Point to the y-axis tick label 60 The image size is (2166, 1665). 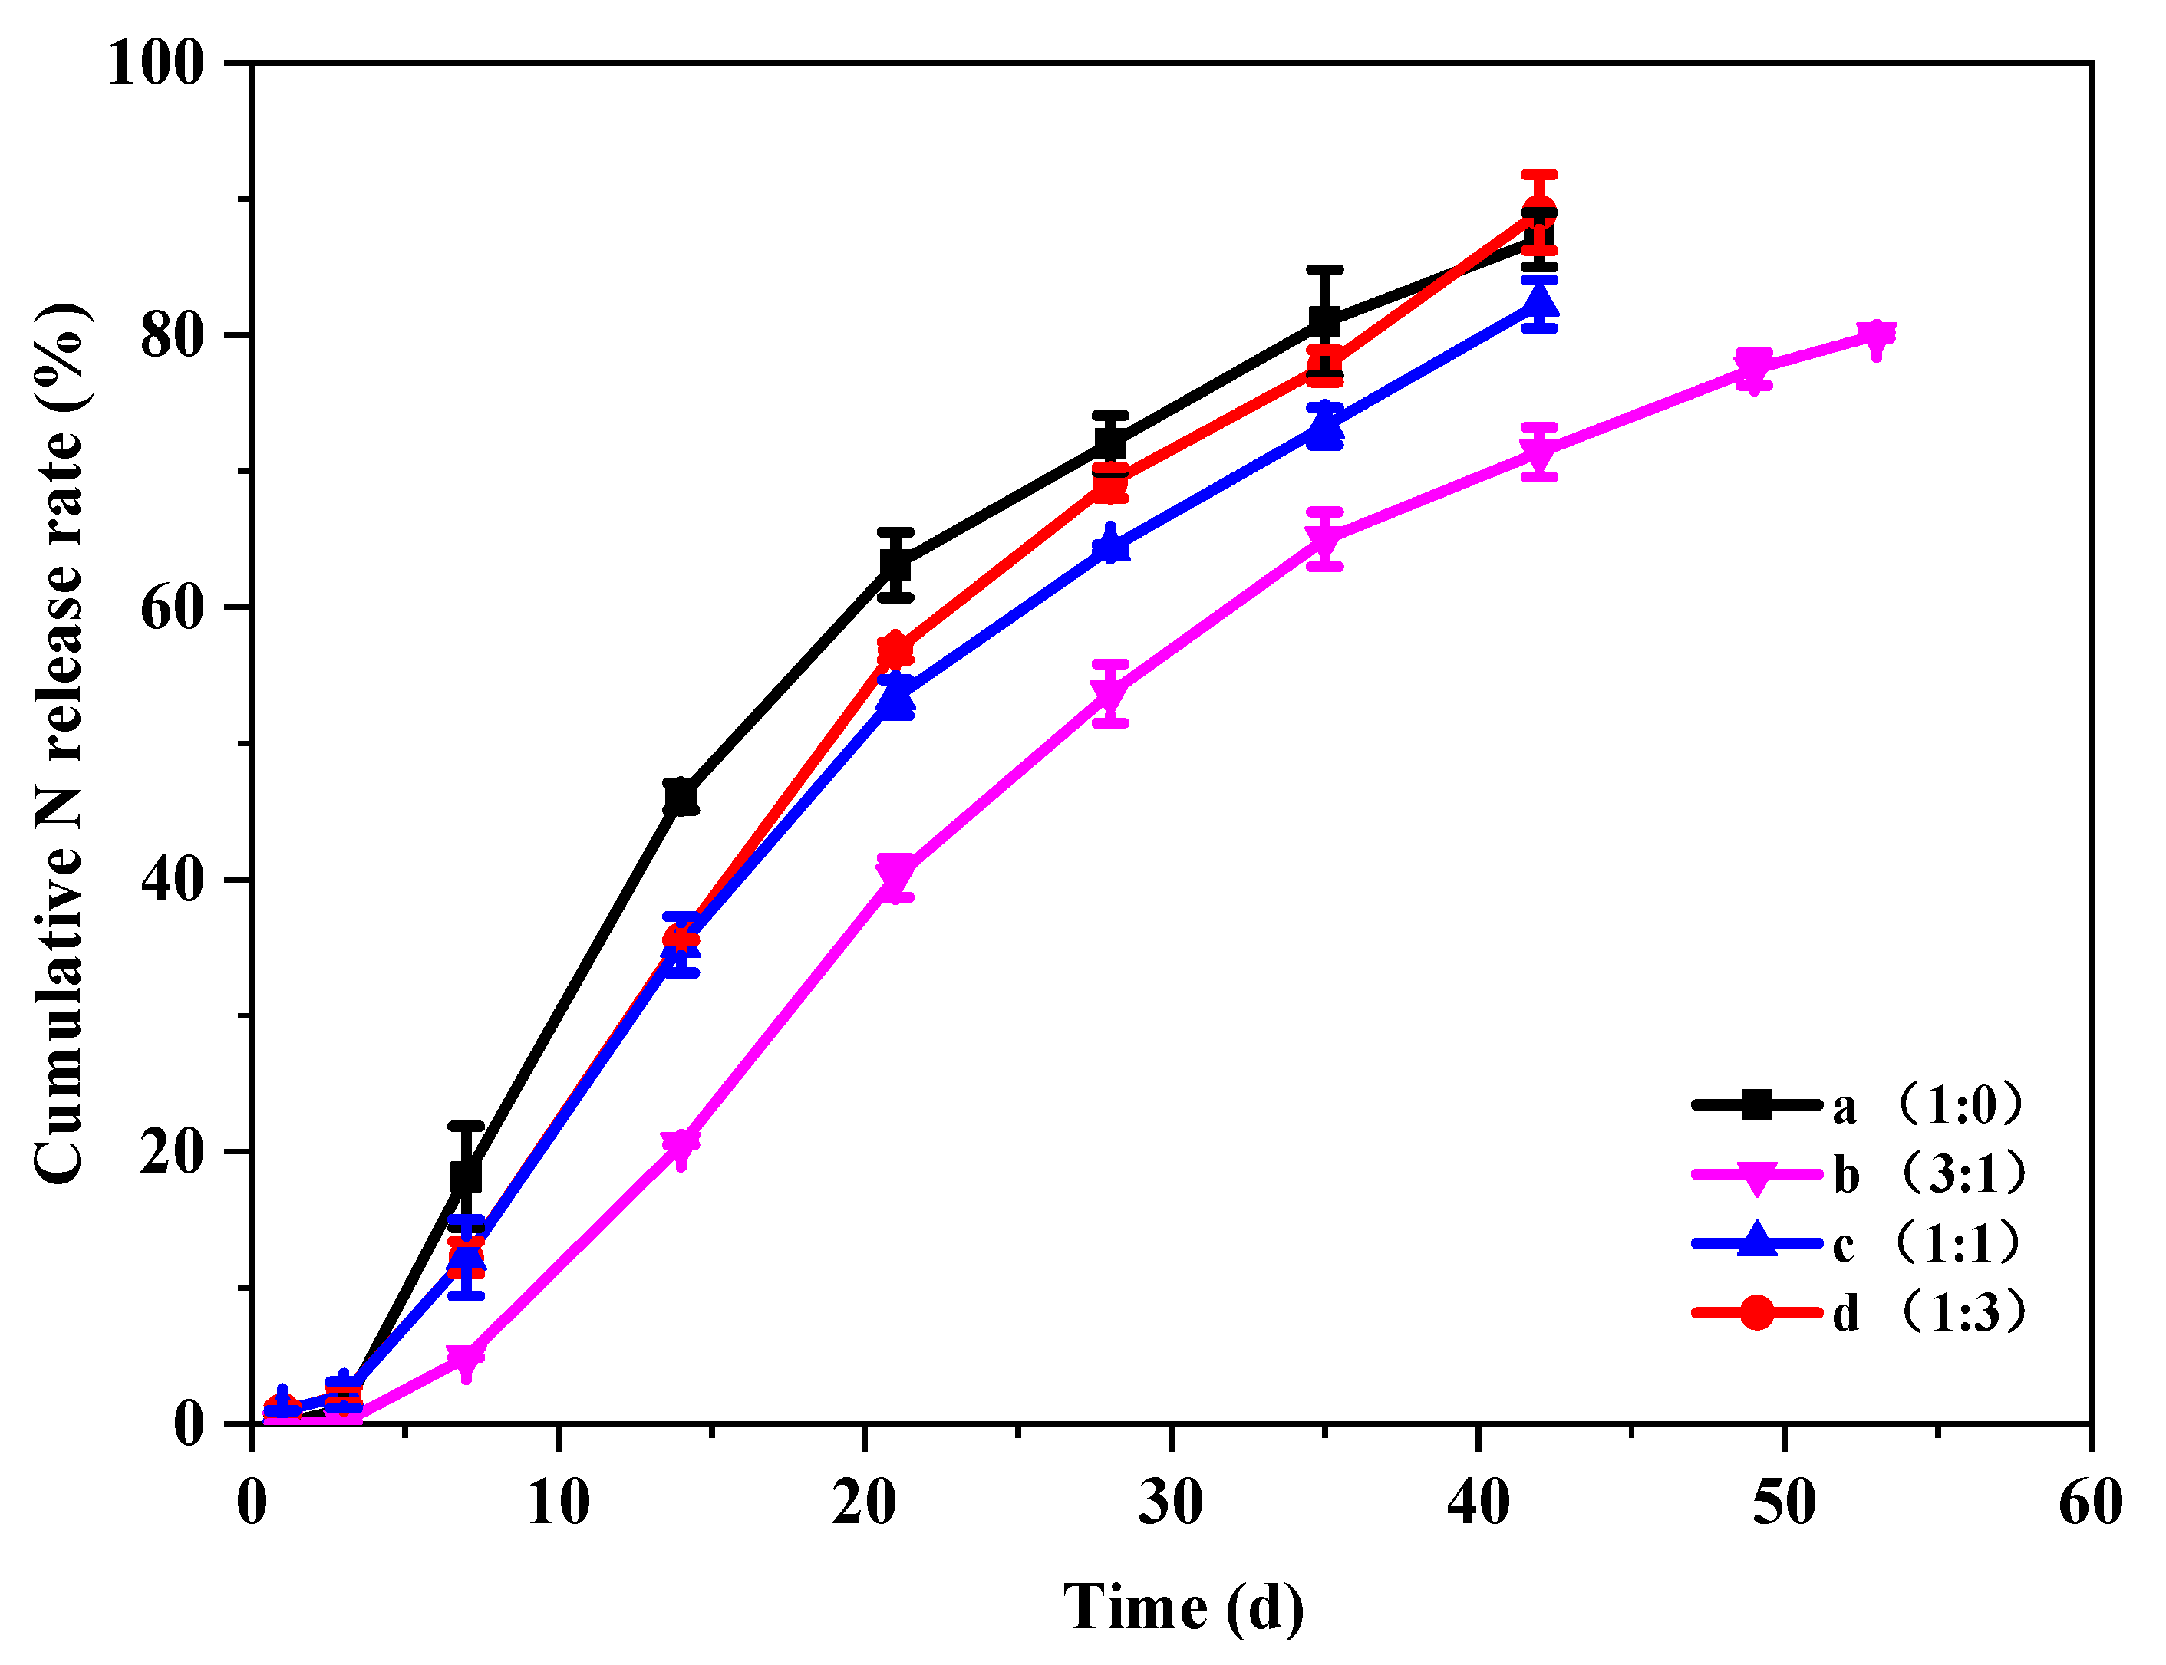172,607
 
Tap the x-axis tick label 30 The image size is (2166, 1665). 1171,1502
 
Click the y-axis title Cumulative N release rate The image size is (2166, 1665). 61,743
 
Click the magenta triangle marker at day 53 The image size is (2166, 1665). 1875,337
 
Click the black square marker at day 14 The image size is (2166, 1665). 681,797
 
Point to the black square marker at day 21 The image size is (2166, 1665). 895,565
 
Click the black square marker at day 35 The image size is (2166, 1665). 1324,322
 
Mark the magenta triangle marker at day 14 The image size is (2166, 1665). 681,1147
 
